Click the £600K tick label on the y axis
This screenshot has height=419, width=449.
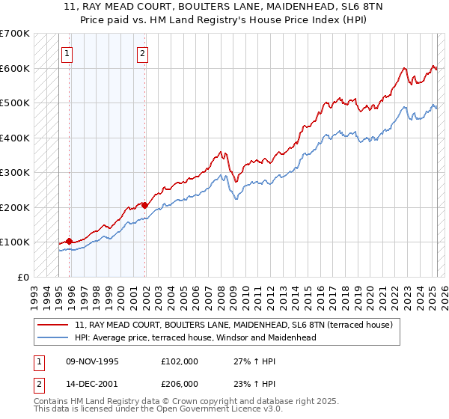[x=15, y=68]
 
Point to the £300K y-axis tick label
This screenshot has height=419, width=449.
[x=15, y=173]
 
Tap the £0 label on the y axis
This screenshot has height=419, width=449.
[x=23, y=277]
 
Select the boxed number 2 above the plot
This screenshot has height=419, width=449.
[x=142, y=53]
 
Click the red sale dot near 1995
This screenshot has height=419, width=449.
[x=70, y=241]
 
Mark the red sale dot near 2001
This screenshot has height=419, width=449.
[x=145, y=204]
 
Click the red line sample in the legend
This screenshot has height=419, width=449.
[x=54, y=325]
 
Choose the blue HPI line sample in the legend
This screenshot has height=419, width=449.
[x=54, y=337]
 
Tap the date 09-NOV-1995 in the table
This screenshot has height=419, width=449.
[x=92, y=361]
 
